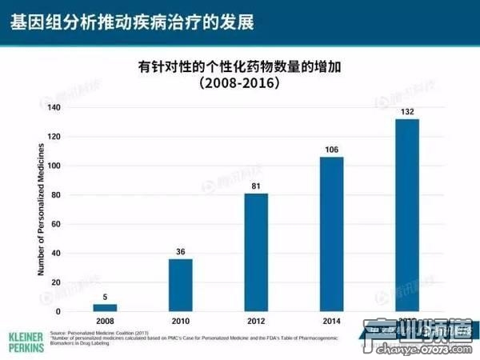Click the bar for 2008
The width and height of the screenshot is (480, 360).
[x=105, y=308]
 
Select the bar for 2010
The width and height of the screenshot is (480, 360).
[x=180, y=285]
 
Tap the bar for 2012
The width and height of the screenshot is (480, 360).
[x=256, y=252]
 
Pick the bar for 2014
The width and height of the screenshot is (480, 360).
[x=331, y=234]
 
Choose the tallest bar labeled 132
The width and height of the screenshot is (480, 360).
[x=406, y=215]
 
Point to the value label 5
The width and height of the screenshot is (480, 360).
[x=105, y=297]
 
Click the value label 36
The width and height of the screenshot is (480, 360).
[x=180, y=252]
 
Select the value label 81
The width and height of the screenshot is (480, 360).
[x=256, y=186]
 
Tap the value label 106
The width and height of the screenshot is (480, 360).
[x=331, y=150]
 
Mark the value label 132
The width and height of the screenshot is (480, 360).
[x=406, y=112]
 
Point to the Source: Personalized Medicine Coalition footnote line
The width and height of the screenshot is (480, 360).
[x=106, y=332]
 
